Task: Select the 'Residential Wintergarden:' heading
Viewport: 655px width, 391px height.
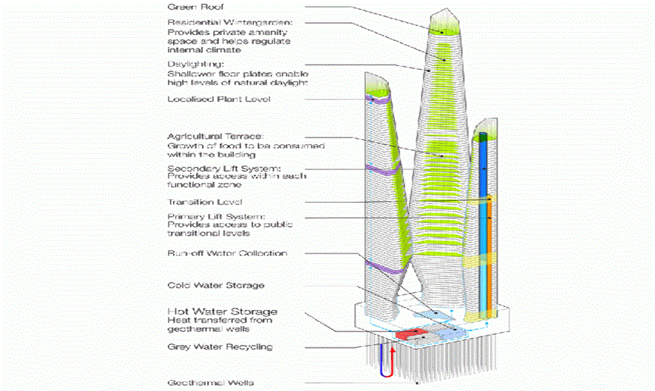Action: click(218, 23)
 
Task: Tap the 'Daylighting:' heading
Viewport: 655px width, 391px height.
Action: click(191, 65)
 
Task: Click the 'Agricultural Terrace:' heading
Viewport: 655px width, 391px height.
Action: click(210, 137)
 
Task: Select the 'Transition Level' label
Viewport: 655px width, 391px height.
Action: click(205, 202)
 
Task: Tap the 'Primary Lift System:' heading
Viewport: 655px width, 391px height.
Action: click(209, 216)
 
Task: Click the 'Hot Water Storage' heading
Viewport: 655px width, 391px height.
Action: click(223, 311)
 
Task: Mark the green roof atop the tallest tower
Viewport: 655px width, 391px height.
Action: click(446, 28)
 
